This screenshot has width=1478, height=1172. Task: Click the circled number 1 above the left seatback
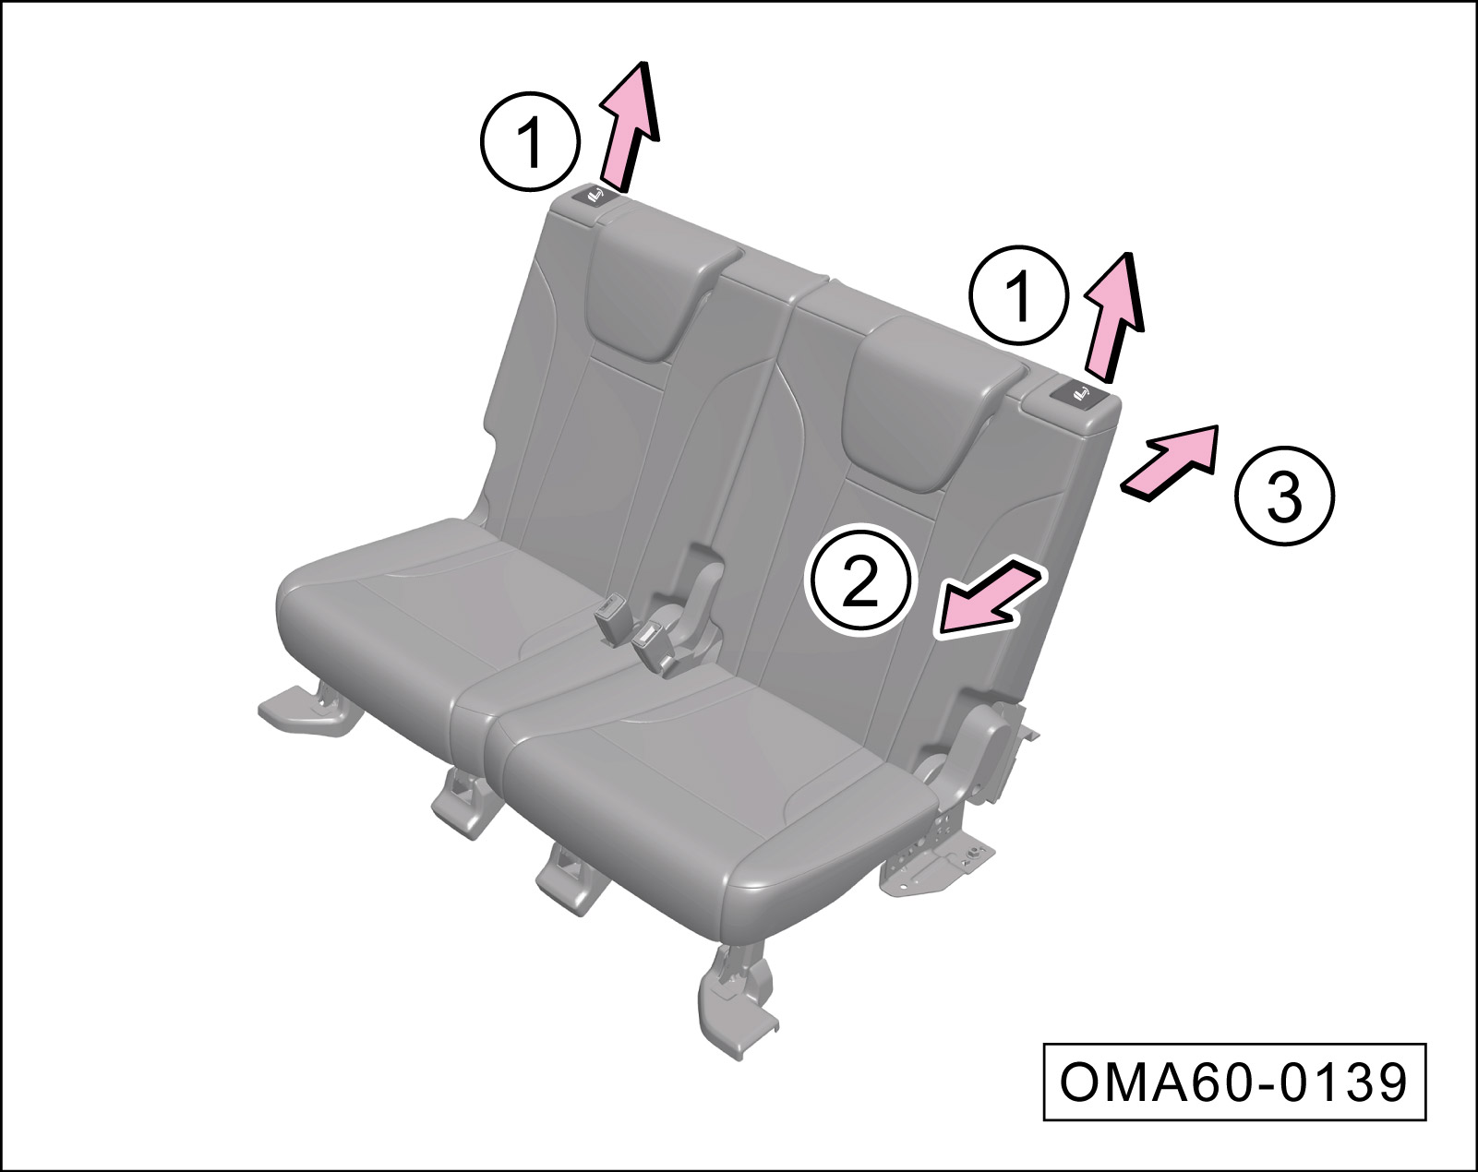tap(530, 142)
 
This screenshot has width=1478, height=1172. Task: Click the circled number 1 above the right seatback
tap(1019, 295)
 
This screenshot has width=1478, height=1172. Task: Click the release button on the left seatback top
tap(595, 197)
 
